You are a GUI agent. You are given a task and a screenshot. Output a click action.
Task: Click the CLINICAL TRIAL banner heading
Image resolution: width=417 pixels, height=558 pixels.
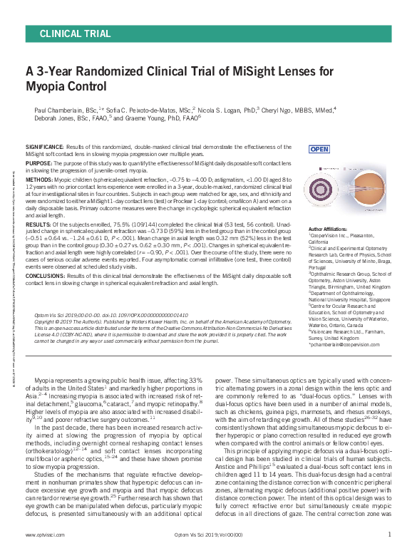(76, 33)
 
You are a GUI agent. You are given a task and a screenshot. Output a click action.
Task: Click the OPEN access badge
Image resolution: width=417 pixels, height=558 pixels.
(318, 149)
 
